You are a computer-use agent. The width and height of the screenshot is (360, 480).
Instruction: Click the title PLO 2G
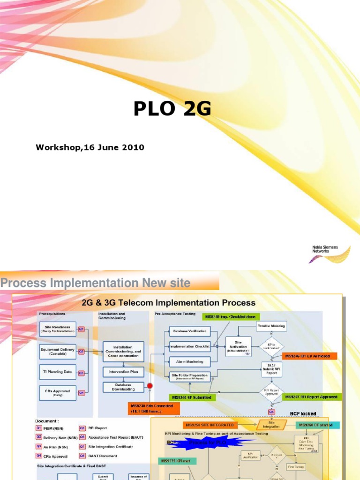point(172,109)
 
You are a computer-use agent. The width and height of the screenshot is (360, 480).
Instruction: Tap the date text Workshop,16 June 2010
point(90,148)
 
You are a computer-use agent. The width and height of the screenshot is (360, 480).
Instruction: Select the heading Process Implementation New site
point(96,283)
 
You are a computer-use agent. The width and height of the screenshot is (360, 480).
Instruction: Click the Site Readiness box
point(57,329)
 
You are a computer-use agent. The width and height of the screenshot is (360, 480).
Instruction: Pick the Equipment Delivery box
point(57,351)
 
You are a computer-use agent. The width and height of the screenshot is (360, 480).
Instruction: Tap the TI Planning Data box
point(57,372)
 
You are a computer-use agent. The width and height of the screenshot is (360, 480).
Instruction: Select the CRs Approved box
point(57,392)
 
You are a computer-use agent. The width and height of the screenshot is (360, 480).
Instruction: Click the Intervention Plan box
point(123,372)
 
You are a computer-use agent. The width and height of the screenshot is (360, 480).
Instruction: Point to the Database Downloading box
point(123,387)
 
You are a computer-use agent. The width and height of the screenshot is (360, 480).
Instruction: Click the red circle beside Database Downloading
point(150,386)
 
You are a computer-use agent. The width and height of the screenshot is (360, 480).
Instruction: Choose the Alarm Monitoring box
point(189,361)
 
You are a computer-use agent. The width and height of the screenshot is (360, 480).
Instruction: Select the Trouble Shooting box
point(271,325)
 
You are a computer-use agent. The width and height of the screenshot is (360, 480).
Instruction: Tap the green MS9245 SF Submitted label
point(192,397)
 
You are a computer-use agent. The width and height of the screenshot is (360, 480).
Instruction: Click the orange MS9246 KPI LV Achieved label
point(307,356)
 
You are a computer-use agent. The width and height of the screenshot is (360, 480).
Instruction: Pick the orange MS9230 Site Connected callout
point(153,408)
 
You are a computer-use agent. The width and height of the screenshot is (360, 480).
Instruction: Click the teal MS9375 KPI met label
point(177,461)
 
